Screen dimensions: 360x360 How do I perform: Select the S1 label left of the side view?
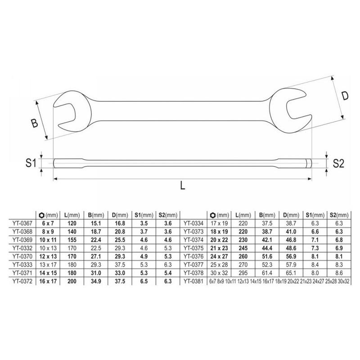tap(30, 163)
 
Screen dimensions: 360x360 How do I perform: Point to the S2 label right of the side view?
tap(338, 164)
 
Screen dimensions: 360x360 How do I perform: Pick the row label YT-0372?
tap(21, 280)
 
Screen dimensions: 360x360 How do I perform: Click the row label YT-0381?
tap(193, 280)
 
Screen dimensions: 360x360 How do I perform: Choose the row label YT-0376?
tap(193, 256)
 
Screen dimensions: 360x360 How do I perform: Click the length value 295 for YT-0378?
tap(243, 272)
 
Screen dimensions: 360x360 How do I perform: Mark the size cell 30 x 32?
tap(219, 272)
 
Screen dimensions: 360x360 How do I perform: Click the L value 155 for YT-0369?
tap(70, 240)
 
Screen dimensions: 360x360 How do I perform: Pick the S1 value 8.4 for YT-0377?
tap(314, 264)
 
